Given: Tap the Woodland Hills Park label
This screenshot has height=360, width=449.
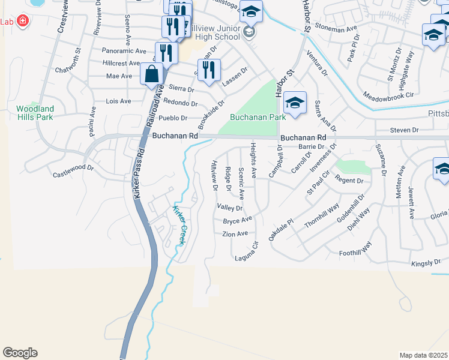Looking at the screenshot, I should (x=35, y=113).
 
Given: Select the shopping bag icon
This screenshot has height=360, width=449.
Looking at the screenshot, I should (x=152, y=75).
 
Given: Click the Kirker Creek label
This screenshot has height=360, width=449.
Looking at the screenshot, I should (x=178, y=226).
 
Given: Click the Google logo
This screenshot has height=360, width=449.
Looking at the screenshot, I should (x=20, y=353).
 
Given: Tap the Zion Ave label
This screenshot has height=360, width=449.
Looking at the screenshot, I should (x=235, y=233).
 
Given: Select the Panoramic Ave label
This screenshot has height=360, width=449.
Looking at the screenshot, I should (x=124, y=51).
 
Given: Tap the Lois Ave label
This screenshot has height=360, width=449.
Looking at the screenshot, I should (x=118, y=101).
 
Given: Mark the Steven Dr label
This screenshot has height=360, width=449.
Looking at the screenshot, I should (x=403, y=130).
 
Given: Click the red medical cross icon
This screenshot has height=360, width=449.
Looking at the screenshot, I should (x=23, y=22).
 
